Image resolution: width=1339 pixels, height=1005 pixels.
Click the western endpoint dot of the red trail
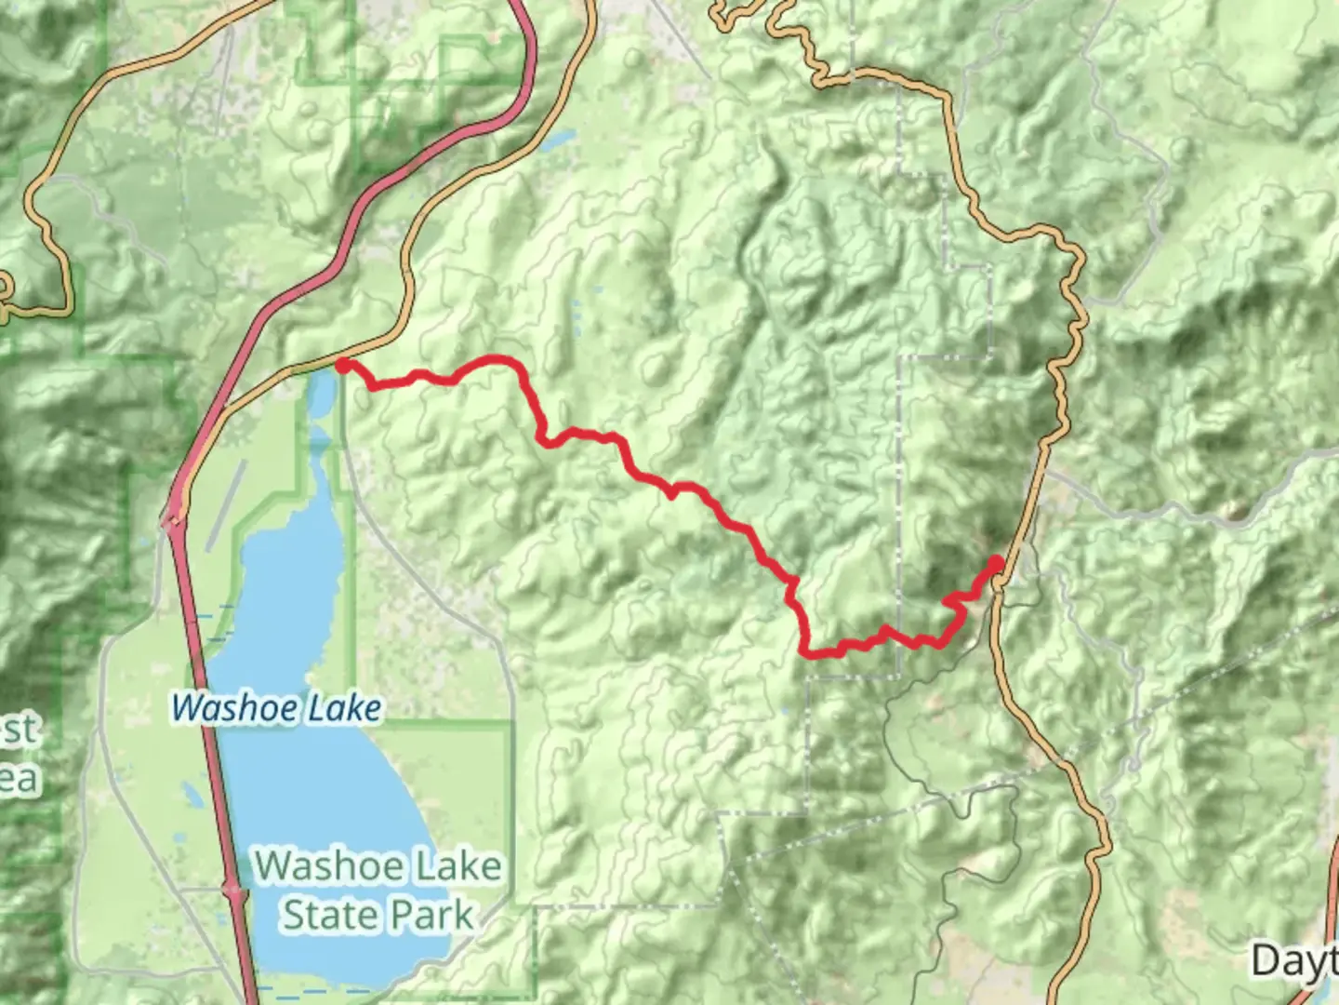[x=343, y=367]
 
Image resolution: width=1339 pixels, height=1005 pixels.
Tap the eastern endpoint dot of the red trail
[x=996, y=563]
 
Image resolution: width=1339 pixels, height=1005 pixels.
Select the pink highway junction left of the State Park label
[x=232, y=891]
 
